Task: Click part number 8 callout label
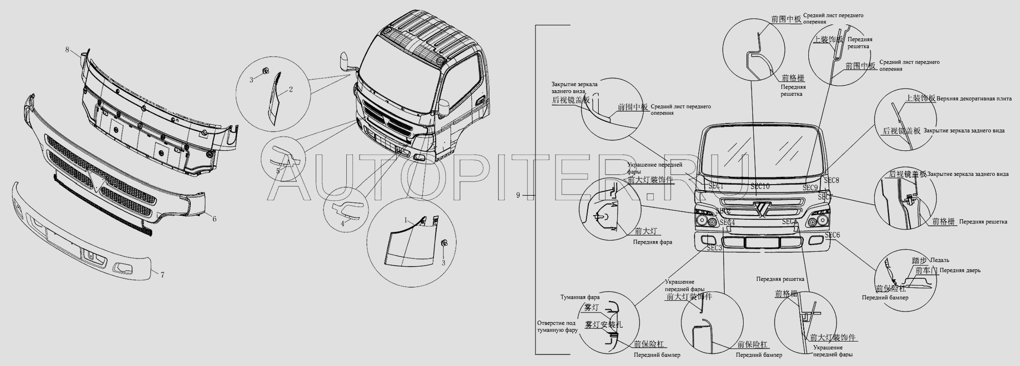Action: (x=67, y=49)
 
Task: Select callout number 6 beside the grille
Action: (x=214, y=219)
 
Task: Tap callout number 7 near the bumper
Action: (x=162, y=275)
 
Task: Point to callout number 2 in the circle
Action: (x=291, y=90)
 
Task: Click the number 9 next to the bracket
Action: (x=518, y=195)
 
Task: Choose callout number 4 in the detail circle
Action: (x=343, y=223)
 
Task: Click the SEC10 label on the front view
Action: (x=760, y=187)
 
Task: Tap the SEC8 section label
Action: (x=831, y=180)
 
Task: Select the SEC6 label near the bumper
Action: (x=832, y=235)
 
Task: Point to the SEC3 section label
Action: (x=715, y=248)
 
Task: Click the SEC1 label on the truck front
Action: (x=716, y=187)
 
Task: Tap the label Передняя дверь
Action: (x=960, y=271)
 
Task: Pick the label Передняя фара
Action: (x=652, y=242)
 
